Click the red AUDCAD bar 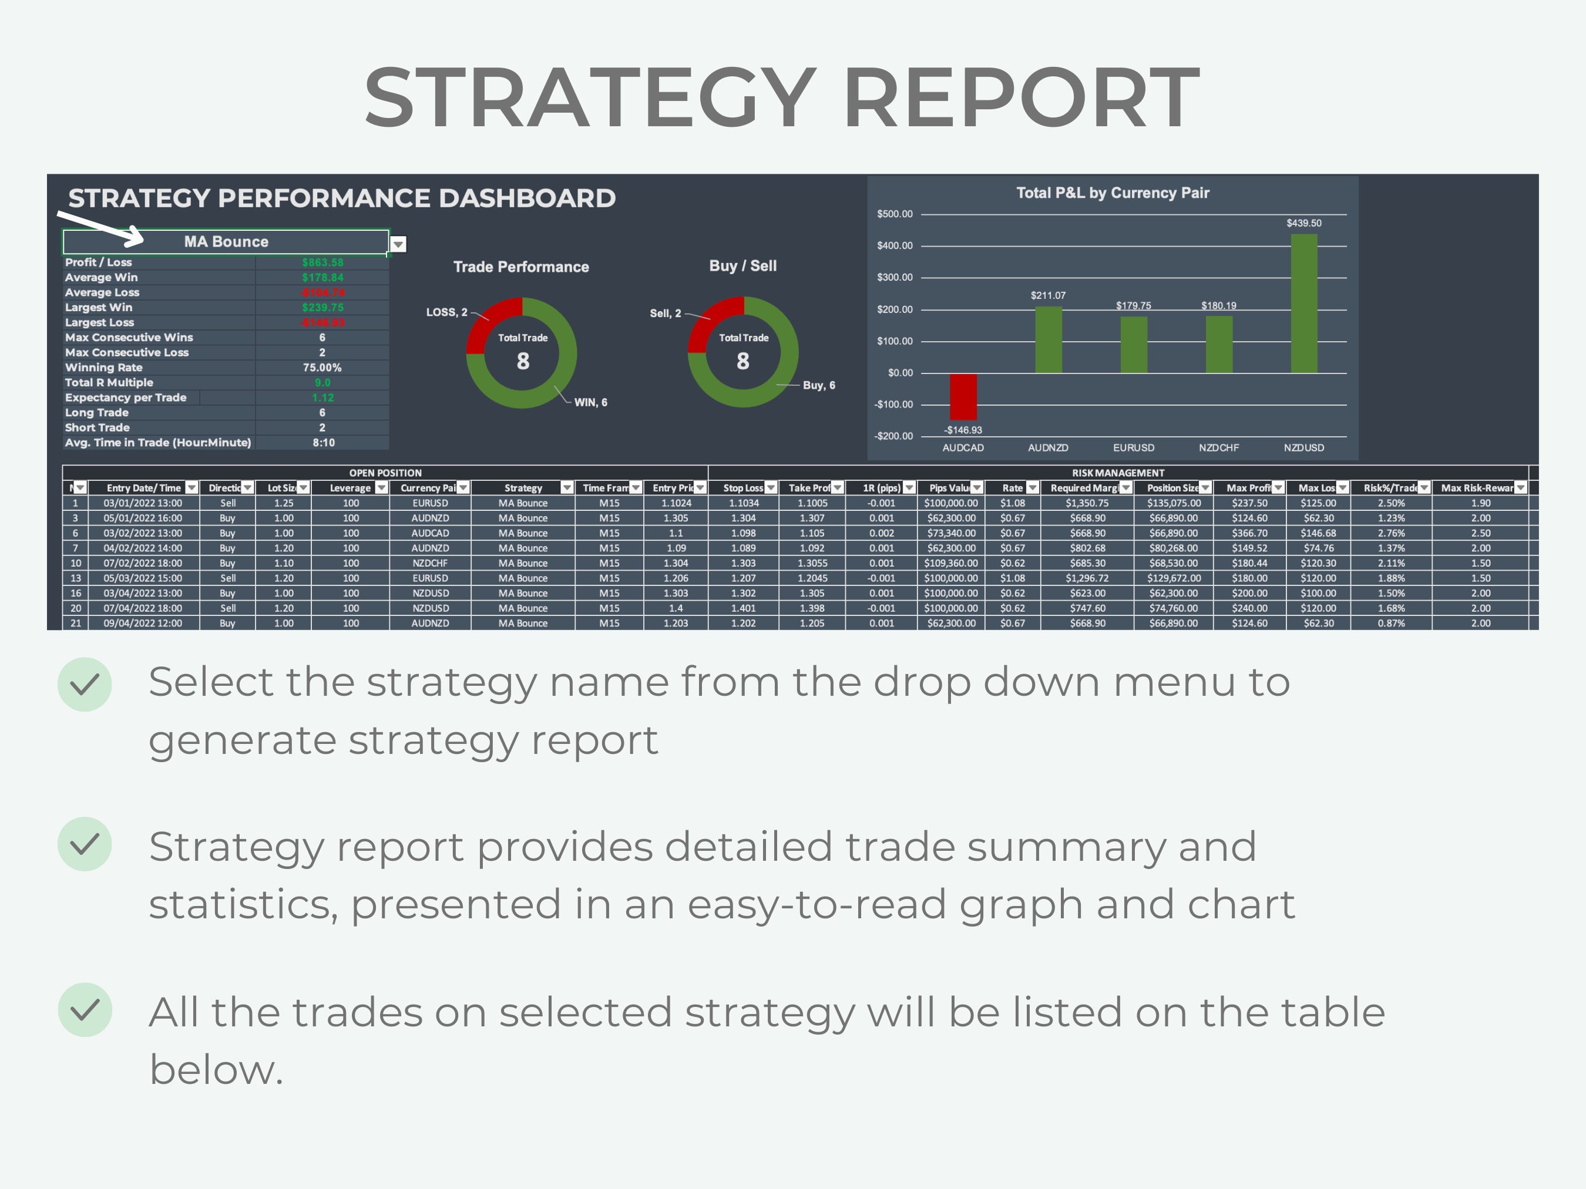[x=963, y=396]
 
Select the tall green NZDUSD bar [x=1303, y=304]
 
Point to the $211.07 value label [x=1047, y=295]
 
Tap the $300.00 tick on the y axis [x=894, y=277]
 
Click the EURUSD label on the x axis [x=1133, y=448]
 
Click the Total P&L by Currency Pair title [x=1112, y=193]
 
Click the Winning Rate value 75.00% [x=322, y=368]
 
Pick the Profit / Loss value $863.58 [x=322, y=262]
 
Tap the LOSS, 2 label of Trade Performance [x=446, y=312]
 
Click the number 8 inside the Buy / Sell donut [x=743, y=361]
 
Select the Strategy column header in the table [x=523, y=488]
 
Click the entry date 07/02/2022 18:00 [x=143, y=563]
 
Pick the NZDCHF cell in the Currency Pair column [x=429, y=563]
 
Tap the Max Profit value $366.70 [x=1249, y=533]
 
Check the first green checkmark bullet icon [x=85, y=685]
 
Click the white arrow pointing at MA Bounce [x=100, y=228]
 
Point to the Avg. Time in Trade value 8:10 [x=323, y=443]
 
